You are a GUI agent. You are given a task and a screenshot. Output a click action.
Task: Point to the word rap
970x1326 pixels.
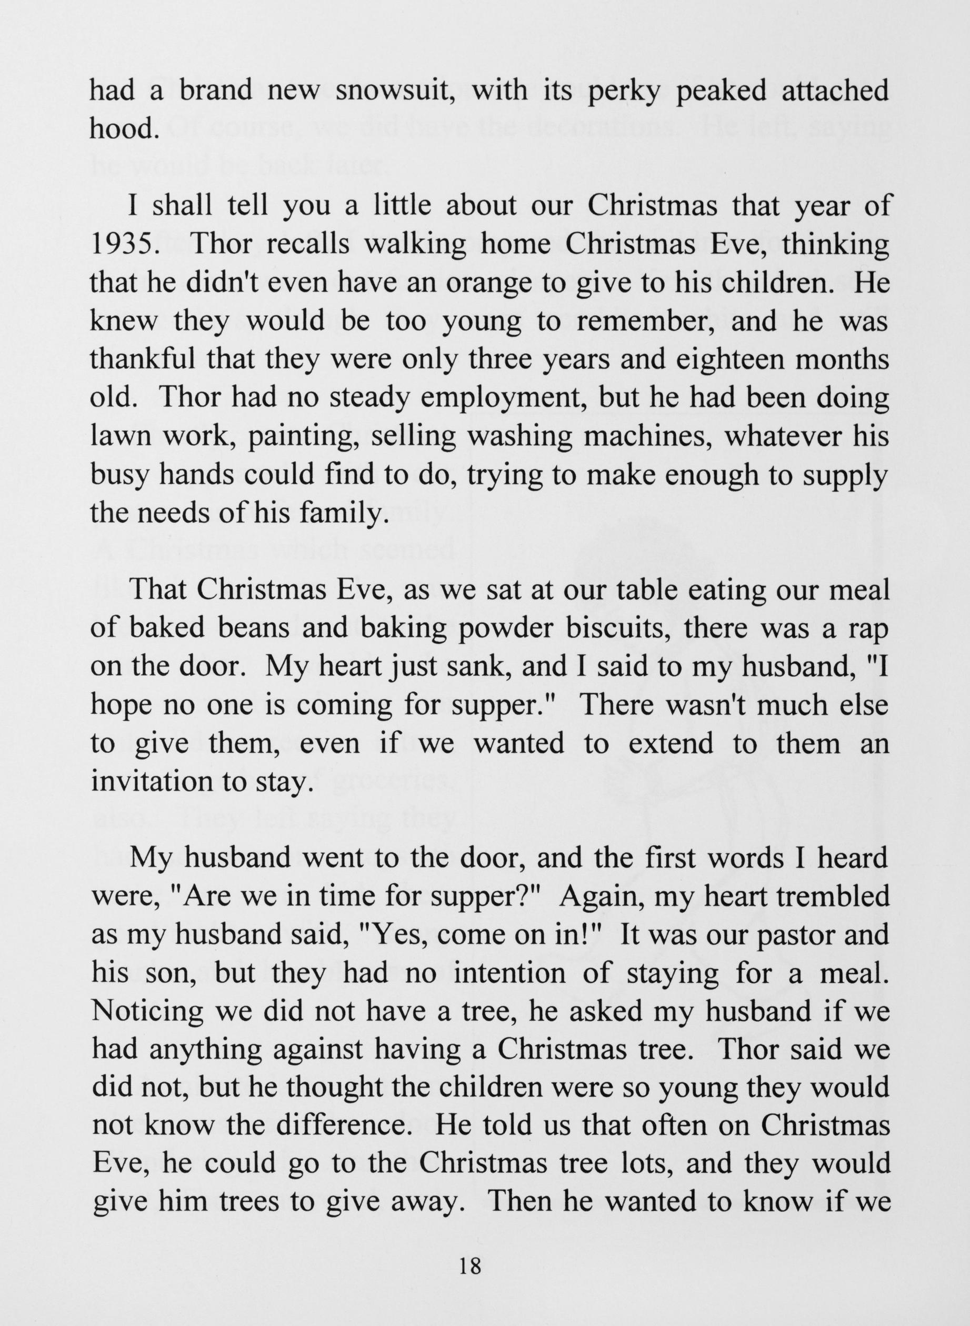tap(868, 629)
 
